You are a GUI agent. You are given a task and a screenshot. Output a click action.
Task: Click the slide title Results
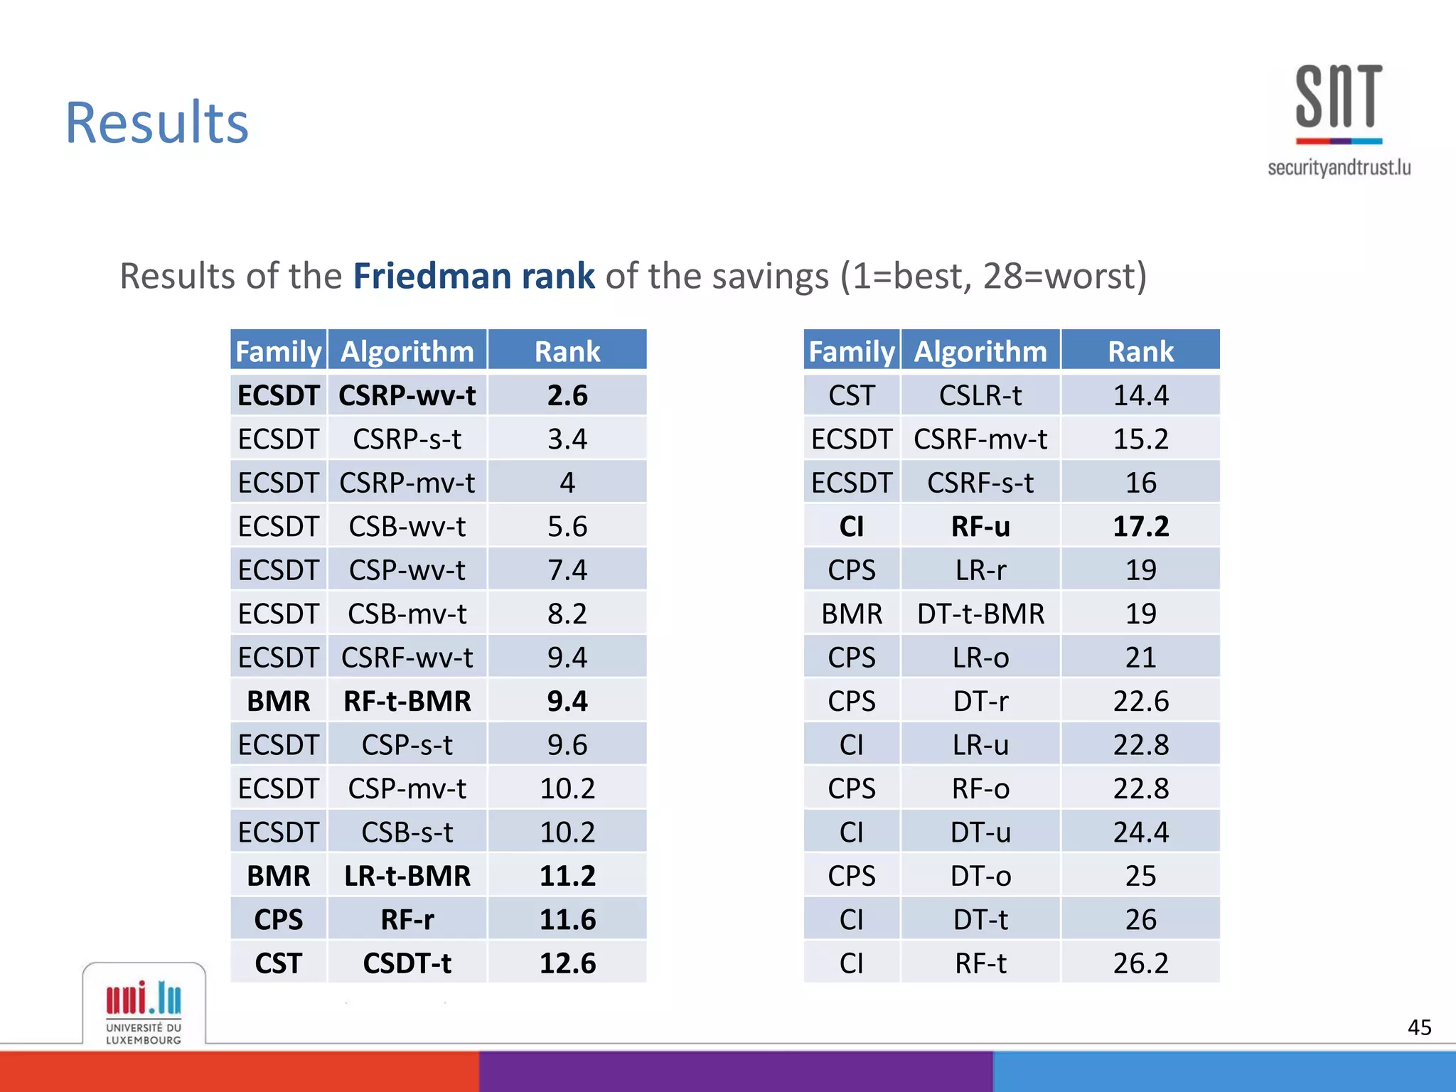[x=157, y=123]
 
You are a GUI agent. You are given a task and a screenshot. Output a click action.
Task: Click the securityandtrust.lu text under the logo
[x=1339, y=168]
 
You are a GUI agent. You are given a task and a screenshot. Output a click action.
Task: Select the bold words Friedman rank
[x=473, y=276]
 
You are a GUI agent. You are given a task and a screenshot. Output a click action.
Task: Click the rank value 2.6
[x=567, y=395]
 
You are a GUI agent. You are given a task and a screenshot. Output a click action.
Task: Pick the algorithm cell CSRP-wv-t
[x=407, y=395]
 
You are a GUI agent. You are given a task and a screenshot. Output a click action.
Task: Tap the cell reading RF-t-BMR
[x=407, y=701]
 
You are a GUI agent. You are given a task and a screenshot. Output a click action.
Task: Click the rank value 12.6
[x=567, y=963]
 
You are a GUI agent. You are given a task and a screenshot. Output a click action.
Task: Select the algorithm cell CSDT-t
[x=407, y=963]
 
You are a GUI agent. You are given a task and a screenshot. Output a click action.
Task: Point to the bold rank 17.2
[x=1140, y=527]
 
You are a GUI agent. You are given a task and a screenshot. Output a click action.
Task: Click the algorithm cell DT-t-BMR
[x=980, y=614]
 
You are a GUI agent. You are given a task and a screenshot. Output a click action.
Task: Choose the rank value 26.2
[x=1140, y=963]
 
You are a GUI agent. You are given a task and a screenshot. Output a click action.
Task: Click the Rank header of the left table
[x=567, y=351]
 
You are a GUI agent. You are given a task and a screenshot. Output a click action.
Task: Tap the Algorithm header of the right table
[x=980, y=351]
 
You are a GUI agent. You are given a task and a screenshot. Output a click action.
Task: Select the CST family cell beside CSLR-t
[x=852, y=395]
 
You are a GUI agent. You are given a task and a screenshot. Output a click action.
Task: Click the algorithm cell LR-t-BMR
[x=407, y=876]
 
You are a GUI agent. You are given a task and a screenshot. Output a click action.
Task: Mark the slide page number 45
[x=1419, y=1027]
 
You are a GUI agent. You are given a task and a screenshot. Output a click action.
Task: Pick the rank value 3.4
[x=567, y=439]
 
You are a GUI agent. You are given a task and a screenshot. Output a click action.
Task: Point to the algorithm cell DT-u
[x=980, y=833]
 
